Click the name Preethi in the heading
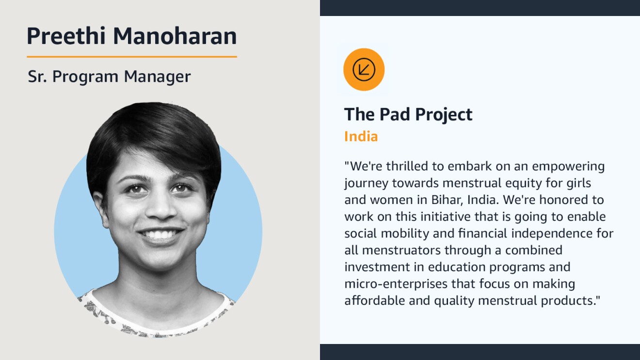[x=66, y=36]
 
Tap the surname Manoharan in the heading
[x=175, y=36]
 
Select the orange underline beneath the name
[x=132, y=57]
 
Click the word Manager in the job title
[x=157, y=77]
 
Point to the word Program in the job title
[x=85, y=77]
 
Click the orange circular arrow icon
[x=364, y=70]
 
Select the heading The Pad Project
[x=408, y=114]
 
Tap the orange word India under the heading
[x=361, y=137]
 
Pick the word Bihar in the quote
[x=447, y=200]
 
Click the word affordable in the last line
[x=375, y=300]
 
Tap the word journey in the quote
[x=366, y=184]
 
